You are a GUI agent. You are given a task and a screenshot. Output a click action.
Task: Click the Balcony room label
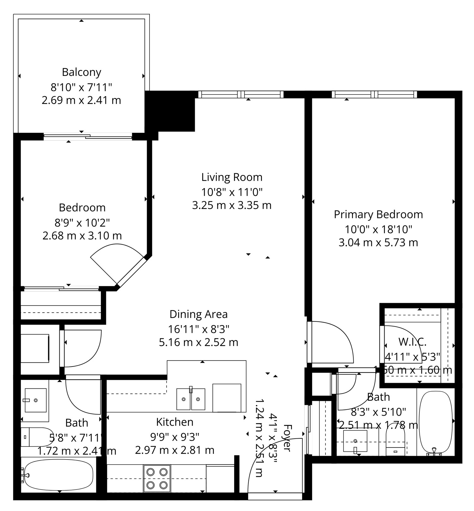pos(82,72)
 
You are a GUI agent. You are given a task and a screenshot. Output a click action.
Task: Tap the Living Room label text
pos(232,177)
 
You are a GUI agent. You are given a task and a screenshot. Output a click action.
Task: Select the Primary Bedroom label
pos(378,215)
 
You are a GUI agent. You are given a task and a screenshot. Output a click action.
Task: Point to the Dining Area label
pos(198,314)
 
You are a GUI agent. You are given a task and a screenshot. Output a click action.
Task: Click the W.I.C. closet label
pos(412,342)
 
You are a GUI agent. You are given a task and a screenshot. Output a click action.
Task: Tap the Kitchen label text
pos(175,422)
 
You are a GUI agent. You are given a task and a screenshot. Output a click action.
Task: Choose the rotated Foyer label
pos(287,438)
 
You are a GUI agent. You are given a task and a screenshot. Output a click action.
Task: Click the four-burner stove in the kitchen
pos(157,478)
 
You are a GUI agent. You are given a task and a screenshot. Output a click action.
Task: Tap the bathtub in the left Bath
pos(58,475)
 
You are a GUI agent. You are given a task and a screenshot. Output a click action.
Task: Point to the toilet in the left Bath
pos(37,437)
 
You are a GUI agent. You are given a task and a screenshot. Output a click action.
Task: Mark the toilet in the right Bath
pos(395,440)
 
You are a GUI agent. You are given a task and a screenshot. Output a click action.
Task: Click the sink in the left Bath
pos(35,400)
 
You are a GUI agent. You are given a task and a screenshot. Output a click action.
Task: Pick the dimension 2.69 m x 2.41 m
pos(82,100)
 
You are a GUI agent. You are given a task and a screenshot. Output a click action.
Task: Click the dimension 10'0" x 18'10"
pos(378,229)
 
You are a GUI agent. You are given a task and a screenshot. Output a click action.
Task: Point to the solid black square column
pos(170,111)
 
